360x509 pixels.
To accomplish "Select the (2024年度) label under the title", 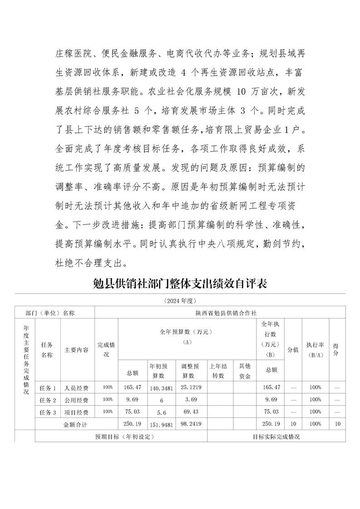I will pos(180,300).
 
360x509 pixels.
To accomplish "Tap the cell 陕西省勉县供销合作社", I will pos(220,313).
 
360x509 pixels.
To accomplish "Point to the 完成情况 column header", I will pos(106,349).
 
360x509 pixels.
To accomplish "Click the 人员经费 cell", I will pos(77,388).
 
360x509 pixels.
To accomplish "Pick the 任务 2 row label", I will pos(48,400).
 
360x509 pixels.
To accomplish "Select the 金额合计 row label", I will pos(78,424).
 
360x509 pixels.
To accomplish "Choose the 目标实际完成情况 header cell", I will pos(276,437).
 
